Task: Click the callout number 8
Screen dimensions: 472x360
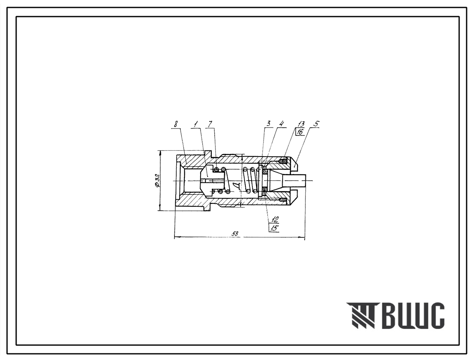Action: pyautogui.click(x=176, y=124)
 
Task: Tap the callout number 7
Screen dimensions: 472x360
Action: pyautogui.click(x=210, y=124)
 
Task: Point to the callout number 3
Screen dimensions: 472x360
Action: pyautogui.click(x=268, y=124)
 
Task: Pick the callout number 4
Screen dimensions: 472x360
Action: pyautogui.click(x=281, y=124)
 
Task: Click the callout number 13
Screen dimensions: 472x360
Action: pyautogui.click(x=301, y=124)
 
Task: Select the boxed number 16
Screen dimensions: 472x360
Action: pyautogui.click(x=300, y=131)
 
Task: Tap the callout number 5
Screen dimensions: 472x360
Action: pyautogui.click(x=317, y=124)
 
